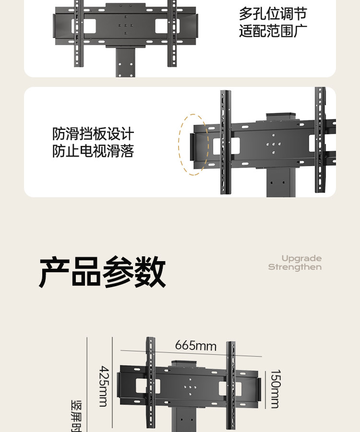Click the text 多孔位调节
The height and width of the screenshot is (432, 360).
coord(273,14)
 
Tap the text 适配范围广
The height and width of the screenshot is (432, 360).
coord(273,32)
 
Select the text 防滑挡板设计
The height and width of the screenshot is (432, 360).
coord(93,134)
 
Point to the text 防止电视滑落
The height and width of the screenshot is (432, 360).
coord(93,152)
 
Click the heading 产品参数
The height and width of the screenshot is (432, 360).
coord(102,272)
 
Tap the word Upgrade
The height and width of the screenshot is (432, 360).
coord(301,259)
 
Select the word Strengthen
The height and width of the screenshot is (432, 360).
coord(295,267)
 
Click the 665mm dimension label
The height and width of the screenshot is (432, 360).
coord(195,346)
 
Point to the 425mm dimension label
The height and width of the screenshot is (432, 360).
coord(103,386)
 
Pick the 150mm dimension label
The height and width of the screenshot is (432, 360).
coord(275,389)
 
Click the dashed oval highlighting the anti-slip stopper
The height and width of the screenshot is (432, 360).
coord(194,144)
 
